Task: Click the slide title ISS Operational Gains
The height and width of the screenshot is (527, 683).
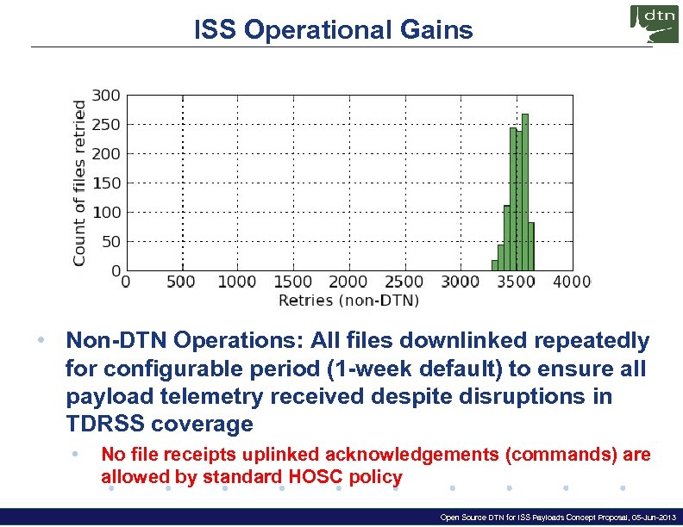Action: (x=334, y=30)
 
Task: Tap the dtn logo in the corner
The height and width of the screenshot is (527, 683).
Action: (x=655, y=24)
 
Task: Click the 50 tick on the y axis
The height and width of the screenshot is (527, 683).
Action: (x=112, y=241)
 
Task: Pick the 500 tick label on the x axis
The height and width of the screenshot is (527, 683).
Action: (x=181, y=282)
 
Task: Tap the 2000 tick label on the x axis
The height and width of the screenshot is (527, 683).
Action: (x=348, y=282)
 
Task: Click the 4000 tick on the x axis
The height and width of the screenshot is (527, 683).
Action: (x=571, y=282)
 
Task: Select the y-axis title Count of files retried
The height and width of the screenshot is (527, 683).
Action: (x=79, y=183)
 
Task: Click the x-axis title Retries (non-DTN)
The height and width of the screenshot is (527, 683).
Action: (x=348, y=301)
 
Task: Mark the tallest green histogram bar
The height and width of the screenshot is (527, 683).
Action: (x=525, y=192)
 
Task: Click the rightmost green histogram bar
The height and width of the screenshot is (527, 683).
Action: (x=532, y=246)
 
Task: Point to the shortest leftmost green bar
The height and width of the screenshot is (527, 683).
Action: (x=494, y=265)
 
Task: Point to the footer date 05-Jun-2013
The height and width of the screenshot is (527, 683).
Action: (x=649, y=518)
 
